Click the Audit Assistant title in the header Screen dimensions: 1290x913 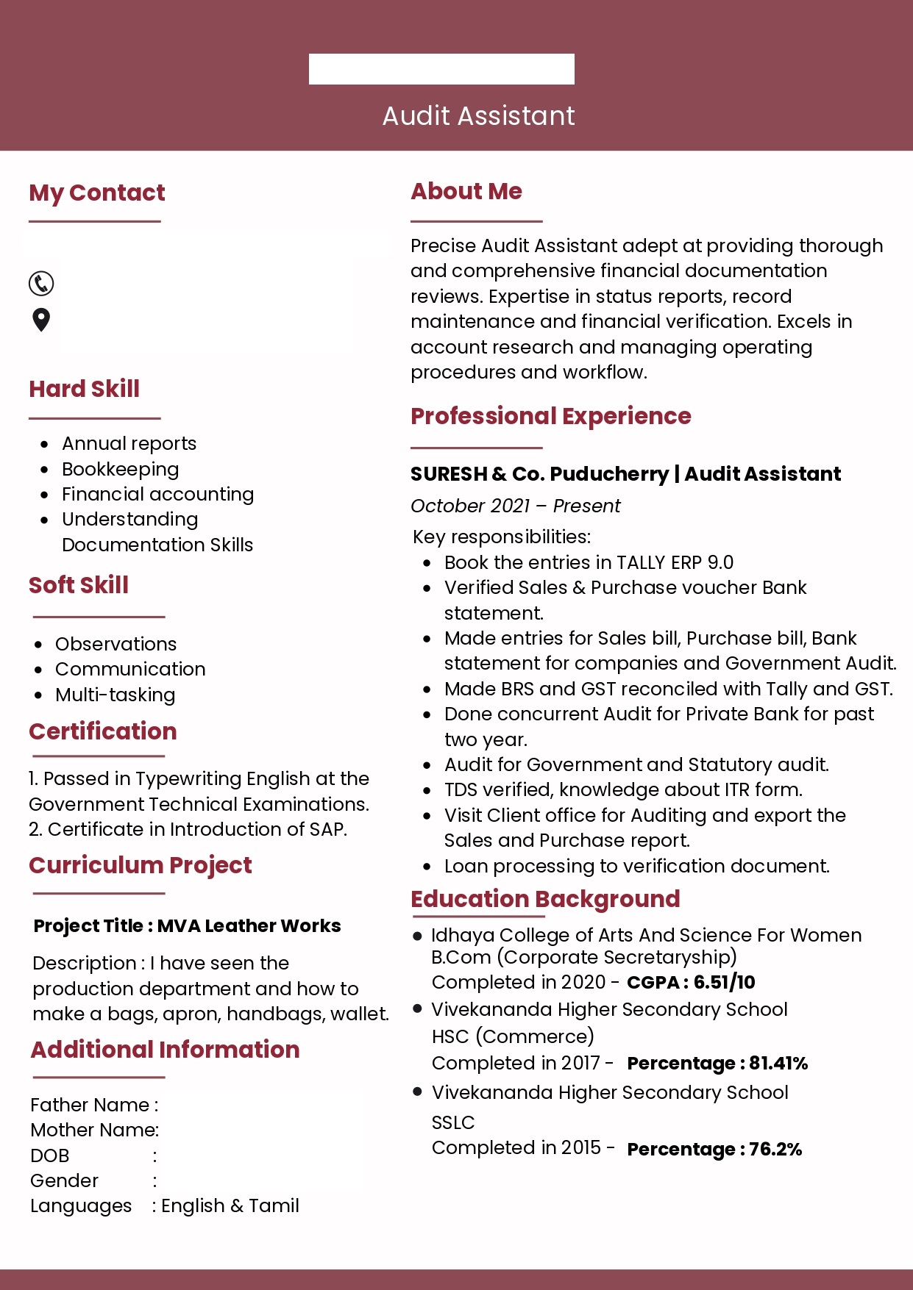(x=478, y=116)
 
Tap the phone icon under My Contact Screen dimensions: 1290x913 (x=41, y=283)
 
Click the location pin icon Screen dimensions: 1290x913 (x=41, y=320)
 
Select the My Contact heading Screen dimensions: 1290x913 (x=97, y=193)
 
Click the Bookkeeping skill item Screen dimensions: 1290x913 (x=121, y=469)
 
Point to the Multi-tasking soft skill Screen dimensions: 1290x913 (x=116, y=695)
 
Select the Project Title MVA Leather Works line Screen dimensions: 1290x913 (x=188, y=925)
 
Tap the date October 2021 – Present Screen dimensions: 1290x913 (x=515, y=506)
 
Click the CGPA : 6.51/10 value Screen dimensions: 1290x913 (x=691, y=982)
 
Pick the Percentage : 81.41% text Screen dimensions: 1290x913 (x=717, y=1063)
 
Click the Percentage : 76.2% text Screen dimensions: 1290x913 (x=714, y=1149)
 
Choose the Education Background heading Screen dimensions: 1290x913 (x=545, y=899)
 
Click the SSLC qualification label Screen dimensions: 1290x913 (x=453, y=1122)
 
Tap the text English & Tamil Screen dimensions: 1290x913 (x=230, y=1205)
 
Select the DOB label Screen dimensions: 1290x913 (x=50, y=1155)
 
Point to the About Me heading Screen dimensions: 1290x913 (x=466, y=191)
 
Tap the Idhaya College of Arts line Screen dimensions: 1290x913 (x=646, y=935)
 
